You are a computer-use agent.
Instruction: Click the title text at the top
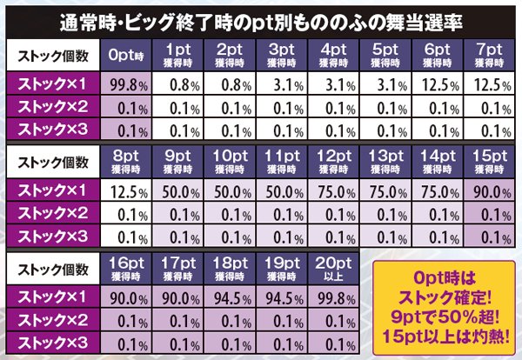point(261,20)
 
